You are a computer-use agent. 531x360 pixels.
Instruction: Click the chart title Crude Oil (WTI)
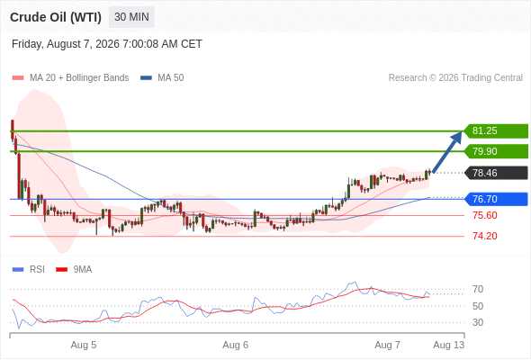56,17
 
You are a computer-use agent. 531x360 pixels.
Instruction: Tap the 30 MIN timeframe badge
131,17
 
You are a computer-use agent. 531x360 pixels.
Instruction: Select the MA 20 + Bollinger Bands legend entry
70,78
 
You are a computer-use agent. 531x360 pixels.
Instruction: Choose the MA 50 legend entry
162,78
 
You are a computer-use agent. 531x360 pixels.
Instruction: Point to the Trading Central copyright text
455,78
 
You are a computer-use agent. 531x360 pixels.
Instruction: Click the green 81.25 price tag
496,131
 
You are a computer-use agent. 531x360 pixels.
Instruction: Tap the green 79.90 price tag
496,151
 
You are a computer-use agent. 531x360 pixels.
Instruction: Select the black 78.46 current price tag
496,173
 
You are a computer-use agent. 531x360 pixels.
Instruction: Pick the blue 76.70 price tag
496,199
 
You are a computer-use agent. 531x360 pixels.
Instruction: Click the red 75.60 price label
484,215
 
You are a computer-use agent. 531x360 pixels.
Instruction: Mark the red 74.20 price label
484,236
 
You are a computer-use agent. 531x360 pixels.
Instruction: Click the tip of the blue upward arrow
461,131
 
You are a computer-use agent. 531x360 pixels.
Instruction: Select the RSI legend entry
28,270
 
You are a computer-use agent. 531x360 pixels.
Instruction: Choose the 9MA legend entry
74,270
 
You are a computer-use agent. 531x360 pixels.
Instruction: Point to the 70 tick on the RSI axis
478,289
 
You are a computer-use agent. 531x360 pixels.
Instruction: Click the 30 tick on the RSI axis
478,322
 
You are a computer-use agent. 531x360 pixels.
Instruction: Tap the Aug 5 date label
84,345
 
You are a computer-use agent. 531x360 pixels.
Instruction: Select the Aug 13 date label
449,345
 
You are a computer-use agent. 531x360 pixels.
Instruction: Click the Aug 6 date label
236,345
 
